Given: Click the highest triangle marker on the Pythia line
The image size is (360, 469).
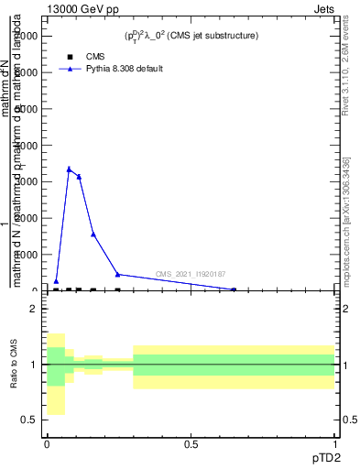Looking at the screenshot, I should (69, 169).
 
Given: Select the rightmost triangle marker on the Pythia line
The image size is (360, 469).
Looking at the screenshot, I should (234, 289).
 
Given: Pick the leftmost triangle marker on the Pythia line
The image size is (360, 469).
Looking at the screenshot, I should (56, 281).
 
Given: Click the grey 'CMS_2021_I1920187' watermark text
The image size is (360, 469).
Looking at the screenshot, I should (191, 274).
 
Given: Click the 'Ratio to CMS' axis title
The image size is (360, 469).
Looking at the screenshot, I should (15, 364).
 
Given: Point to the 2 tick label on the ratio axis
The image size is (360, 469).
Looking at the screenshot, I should (34, 309).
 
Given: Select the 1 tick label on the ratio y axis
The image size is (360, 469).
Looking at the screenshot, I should (34, 365).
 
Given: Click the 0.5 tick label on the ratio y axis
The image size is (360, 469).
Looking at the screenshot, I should (30, 420).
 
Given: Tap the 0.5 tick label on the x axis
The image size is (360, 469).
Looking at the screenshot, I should (191, 443).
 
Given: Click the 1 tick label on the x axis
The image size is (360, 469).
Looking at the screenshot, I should (333, 443).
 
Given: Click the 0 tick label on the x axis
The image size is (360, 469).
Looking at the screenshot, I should (47, 443).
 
